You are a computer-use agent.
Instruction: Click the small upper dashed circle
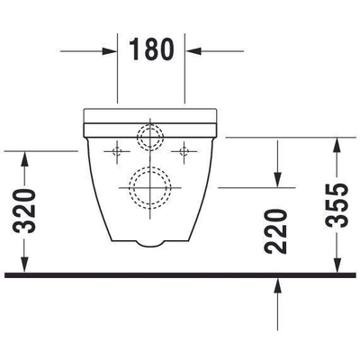pyautogui.click(x=148, y=137)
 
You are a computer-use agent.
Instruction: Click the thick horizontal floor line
pyautogui.click(x=180, y=274)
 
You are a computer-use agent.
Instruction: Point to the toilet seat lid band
pyautogui.click(x=151, y=116)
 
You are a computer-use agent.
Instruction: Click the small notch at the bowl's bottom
pyautogui.click(x=151, y=242)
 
